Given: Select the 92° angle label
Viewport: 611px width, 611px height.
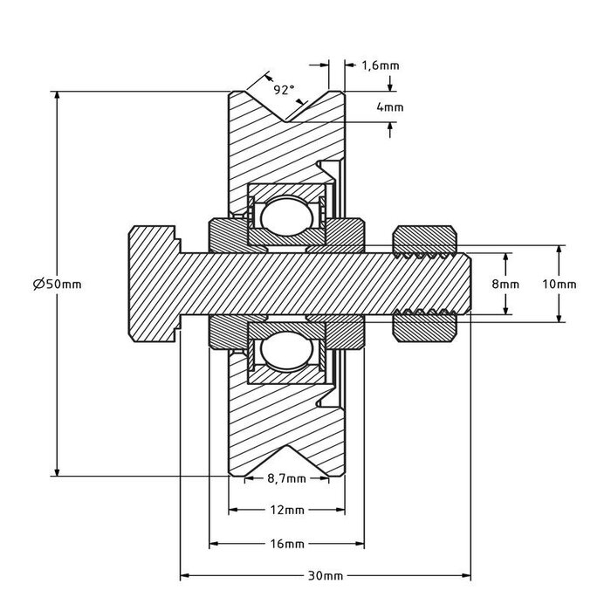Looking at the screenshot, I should pyautogui.click(x=284, y=90).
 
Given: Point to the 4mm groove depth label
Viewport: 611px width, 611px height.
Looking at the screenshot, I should pyautogui.click(x=389, y=106).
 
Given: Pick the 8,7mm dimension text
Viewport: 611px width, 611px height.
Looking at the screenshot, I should pyautogui.click(x=284, y=478).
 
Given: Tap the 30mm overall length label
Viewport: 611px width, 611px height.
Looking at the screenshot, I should pyautogui.click(x=324, y=576).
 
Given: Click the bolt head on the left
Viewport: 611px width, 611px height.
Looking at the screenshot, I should pyautogui.click(x=154, y=284).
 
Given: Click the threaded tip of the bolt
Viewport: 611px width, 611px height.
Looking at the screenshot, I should pyautogui.click(x=463, y=284).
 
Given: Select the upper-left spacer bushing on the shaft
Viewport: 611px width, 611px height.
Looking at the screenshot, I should pyautogui.click(x=228, y=233).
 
